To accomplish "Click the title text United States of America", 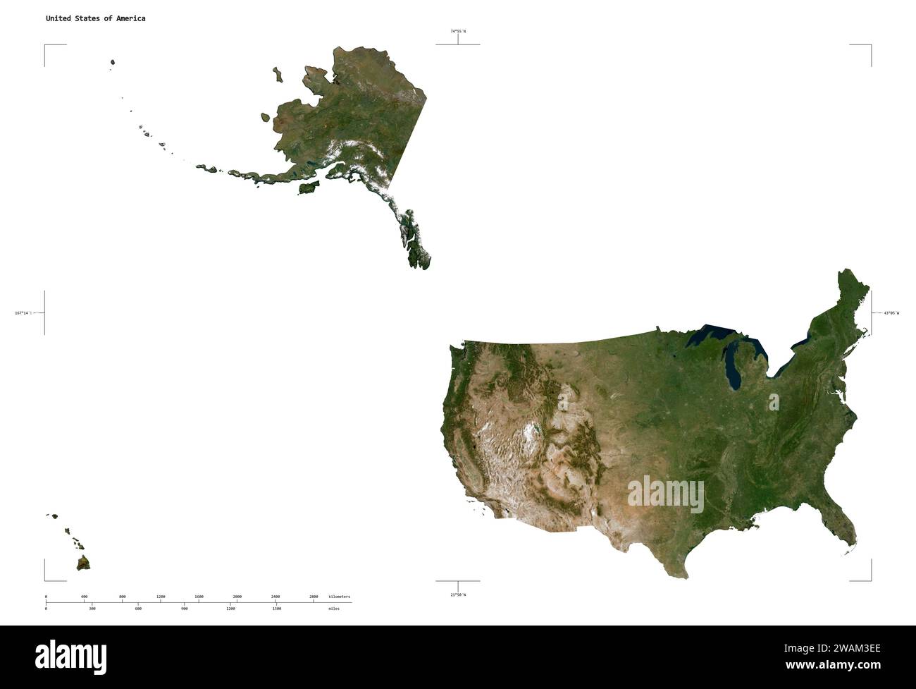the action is pos(96,18).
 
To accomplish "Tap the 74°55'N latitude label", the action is pos(458,31).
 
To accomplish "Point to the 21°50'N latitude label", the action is pos(458,595).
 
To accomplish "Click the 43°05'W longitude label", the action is pos(891,312).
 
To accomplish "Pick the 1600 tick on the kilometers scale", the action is pos(199,597).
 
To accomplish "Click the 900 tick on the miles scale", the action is pos(185,608).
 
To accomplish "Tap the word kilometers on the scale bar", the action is pos(339,597).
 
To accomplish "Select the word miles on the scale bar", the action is pos(334,608).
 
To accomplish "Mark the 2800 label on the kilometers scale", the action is pos(314,597).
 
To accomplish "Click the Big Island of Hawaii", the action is pos(84,563).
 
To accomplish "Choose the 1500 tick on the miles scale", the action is pos(276,608).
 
